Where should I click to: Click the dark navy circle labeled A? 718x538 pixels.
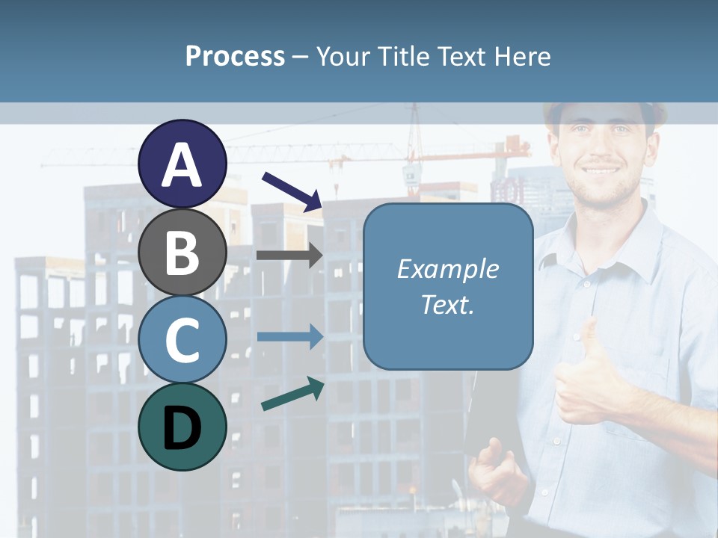coord(182,164)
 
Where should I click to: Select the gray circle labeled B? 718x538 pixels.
coord(182,252)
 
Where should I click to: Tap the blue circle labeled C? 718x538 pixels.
coord(182,339)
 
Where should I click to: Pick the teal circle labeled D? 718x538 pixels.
coord(182,427)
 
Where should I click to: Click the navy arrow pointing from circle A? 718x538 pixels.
coord(292,191)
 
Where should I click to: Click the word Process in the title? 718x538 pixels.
coord(235,56)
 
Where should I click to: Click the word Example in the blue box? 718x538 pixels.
coord(447,269)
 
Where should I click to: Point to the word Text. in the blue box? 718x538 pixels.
coord(447,305)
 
